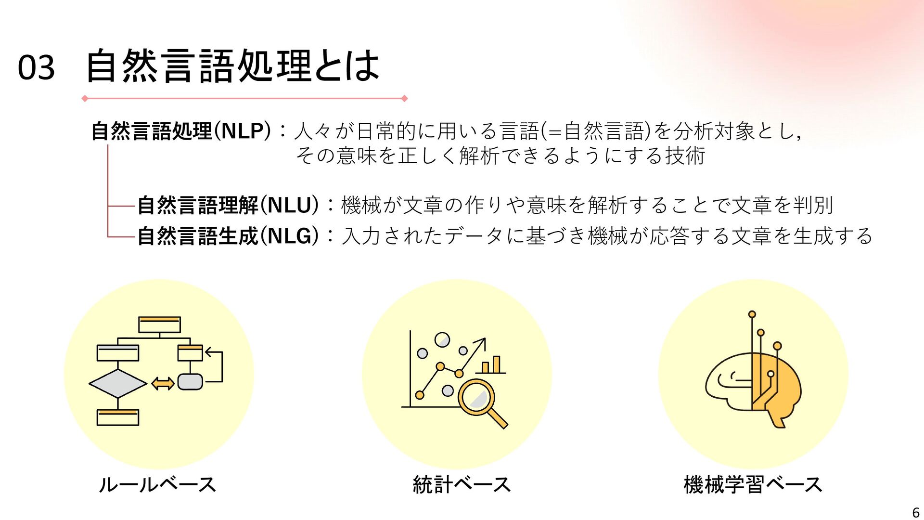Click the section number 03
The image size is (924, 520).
click(36, 67)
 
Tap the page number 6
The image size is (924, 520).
click(916, 513)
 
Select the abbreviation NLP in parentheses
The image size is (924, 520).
click(243, 131)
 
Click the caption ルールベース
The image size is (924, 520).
click(157, 484)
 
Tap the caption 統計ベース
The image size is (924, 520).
click(462, 484)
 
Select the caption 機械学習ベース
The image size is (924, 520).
click(753, 484)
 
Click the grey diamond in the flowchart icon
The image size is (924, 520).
click(118, 384)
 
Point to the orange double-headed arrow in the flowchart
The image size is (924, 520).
click(163, 384)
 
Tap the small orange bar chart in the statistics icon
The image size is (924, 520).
click(491, 365)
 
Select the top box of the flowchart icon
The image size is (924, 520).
click(159, 325)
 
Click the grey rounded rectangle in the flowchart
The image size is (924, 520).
click(190, 382)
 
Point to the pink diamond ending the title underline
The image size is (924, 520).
click(404, 99)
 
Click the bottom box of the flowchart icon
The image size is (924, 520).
click(118, 417)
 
